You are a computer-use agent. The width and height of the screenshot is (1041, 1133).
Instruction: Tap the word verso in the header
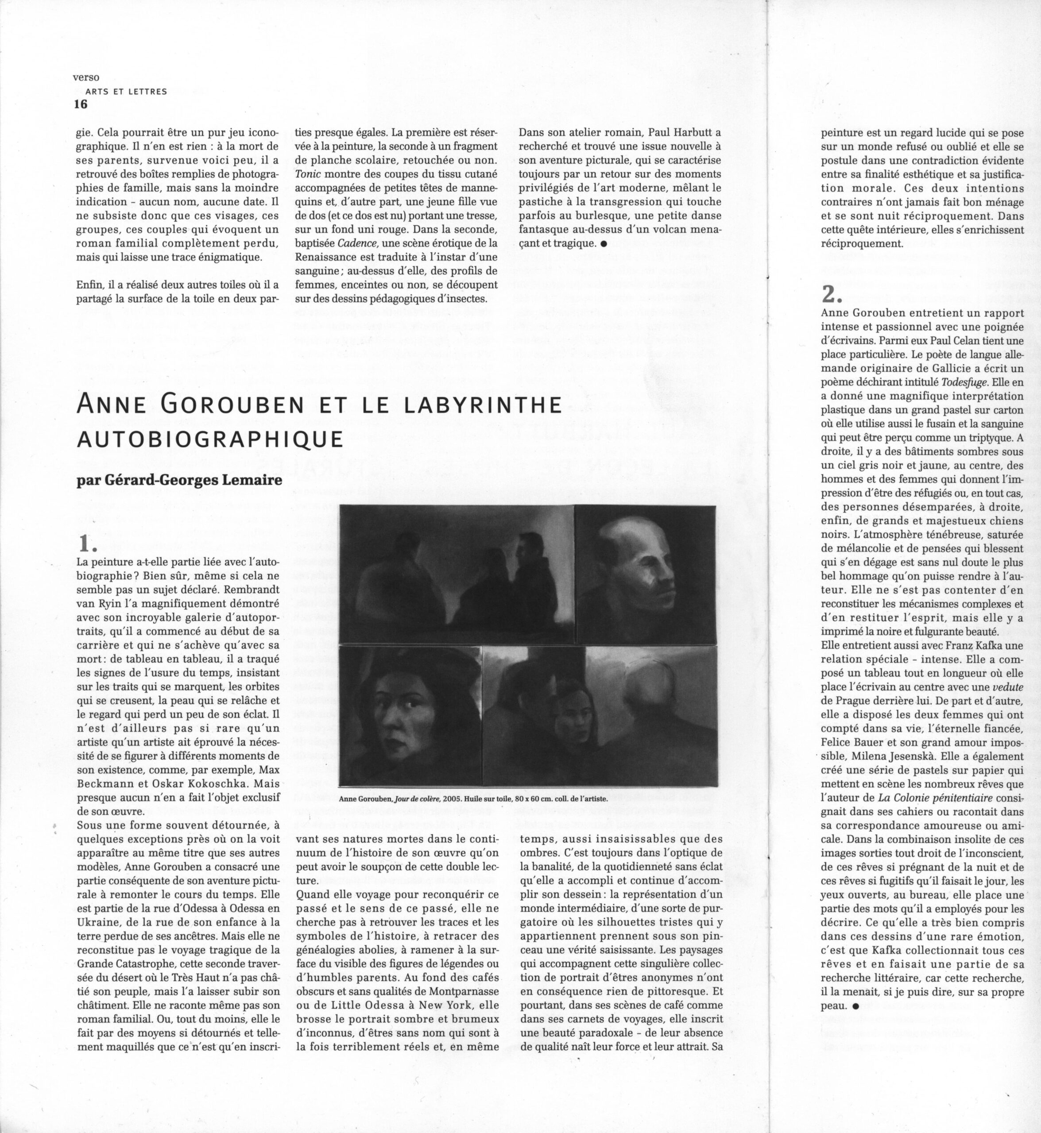[86, 78]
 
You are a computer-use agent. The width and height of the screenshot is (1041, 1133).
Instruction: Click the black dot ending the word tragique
[604, 244]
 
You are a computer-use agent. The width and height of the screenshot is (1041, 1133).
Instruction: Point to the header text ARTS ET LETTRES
[126, 91]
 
